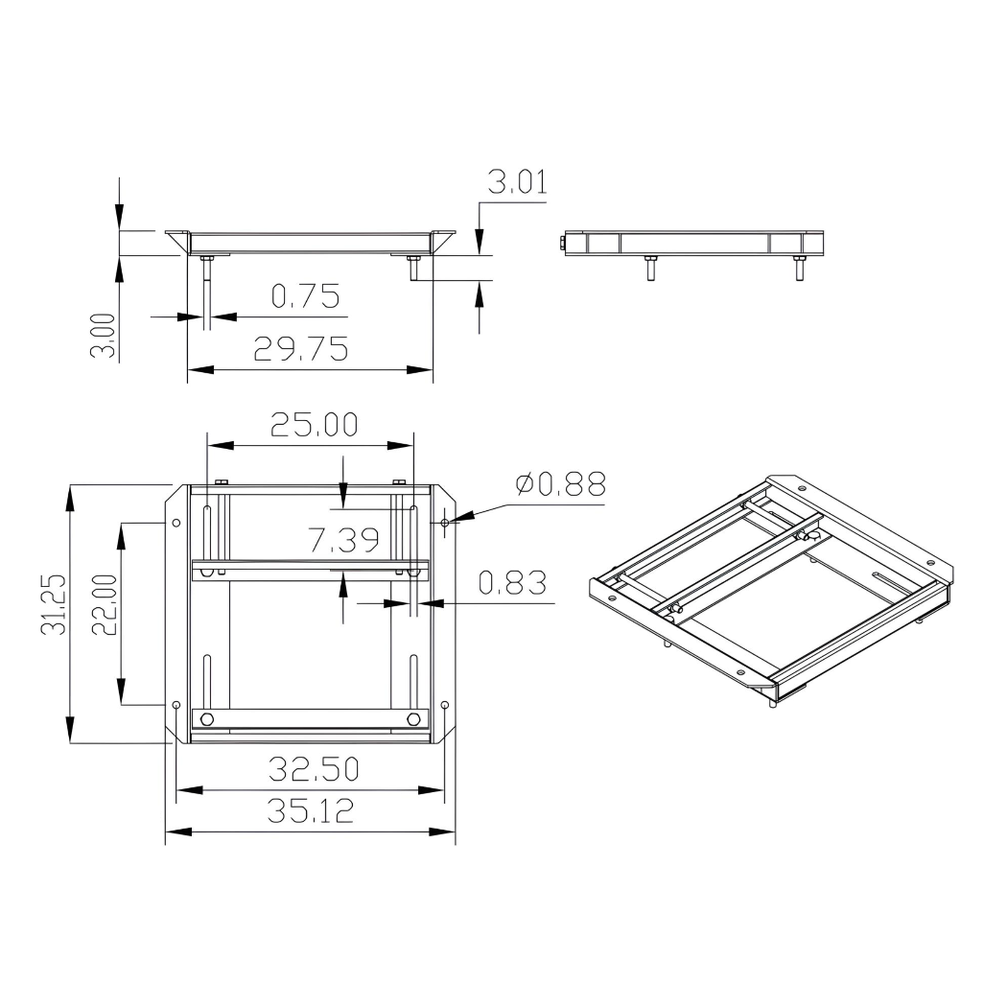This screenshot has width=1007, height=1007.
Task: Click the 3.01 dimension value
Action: pos(517,182)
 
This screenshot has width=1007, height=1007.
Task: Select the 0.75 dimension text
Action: pos(305,297)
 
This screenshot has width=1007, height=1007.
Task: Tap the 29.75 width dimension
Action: pos(300,350)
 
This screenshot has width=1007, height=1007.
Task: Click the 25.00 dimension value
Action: pos(314,425)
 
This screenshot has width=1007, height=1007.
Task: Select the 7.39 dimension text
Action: pos(343,542)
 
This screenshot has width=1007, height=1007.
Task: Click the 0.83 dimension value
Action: pos(511,582)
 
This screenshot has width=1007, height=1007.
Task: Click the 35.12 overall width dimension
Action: pos(310,811)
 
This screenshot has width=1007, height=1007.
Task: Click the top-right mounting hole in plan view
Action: pos(446,523)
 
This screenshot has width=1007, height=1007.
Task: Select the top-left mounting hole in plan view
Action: pos(176,523)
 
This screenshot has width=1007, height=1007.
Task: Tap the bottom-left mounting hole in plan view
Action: pos(176,705)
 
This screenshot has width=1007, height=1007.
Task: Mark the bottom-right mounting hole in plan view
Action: pos(445,705)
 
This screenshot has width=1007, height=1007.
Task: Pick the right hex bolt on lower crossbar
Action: pos(412,719)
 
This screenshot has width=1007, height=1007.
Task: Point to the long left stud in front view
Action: pos(206,293)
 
